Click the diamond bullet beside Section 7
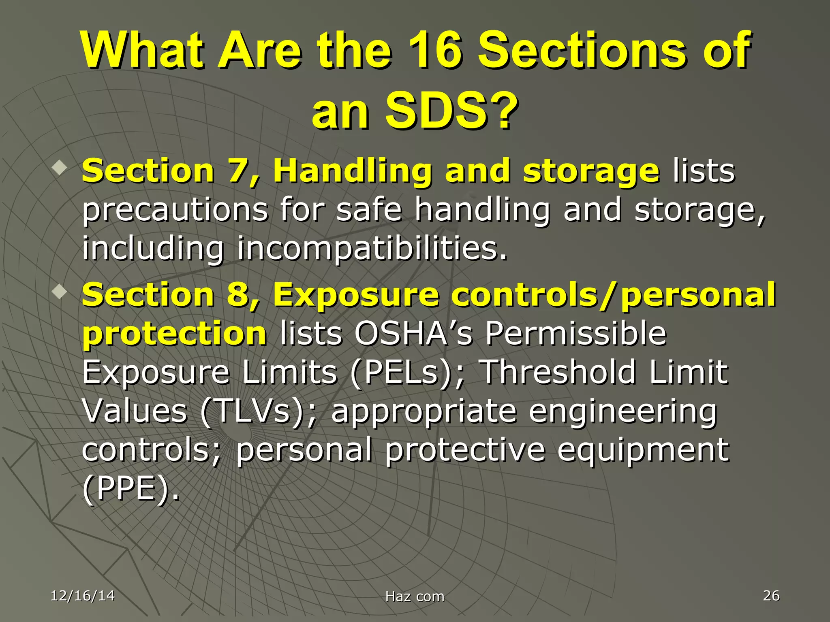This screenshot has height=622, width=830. click(x=60, y=167)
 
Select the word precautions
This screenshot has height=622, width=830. click(x=175, y=210)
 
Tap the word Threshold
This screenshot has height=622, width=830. click(x=558, y=372)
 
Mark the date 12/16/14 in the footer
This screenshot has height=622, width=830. click(x=83, y=596)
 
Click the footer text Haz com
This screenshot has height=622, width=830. click(x=415, y=596)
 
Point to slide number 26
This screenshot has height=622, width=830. click(x=771, y=595)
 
